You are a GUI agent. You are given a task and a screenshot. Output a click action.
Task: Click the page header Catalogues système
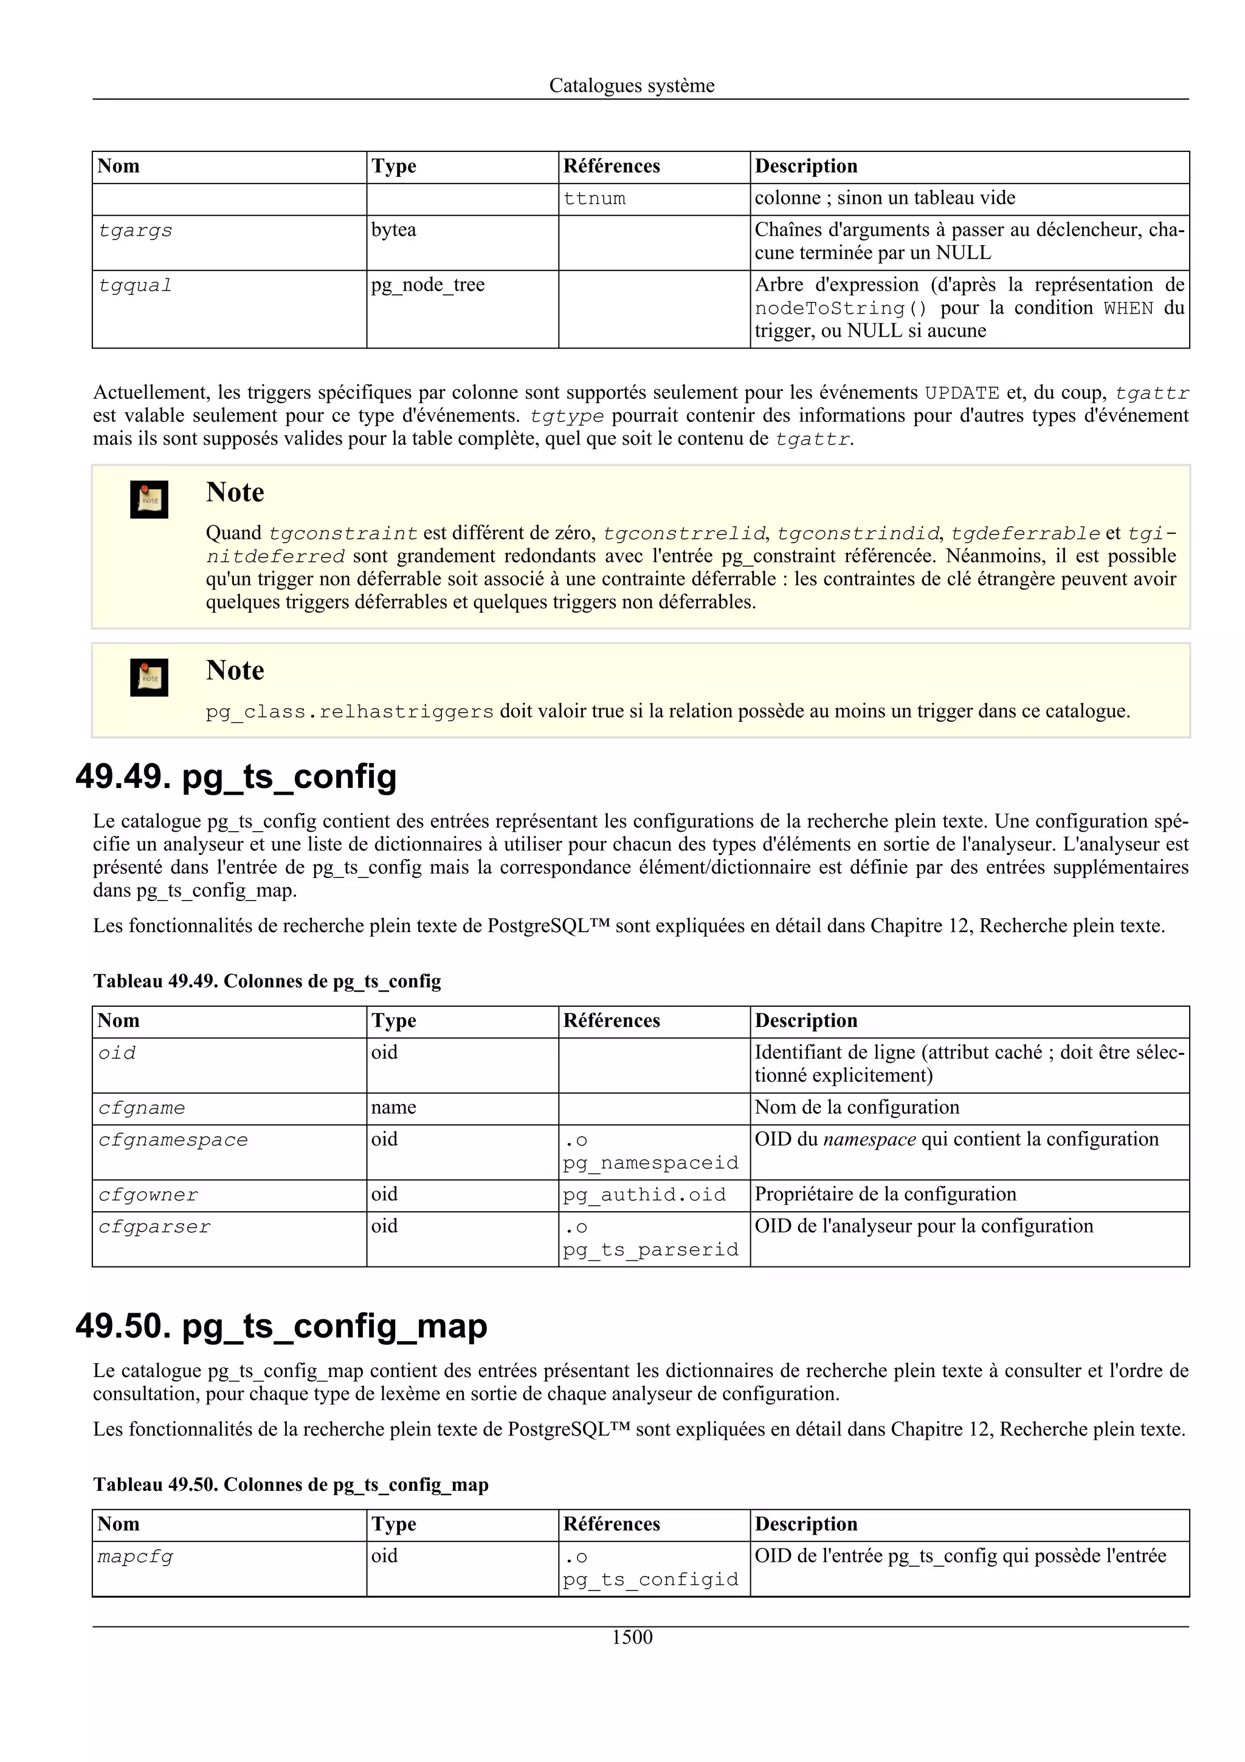(x=632, y=86)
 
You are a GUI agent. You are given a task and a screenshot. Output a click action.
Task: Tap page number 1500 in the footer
(x=632, y=1637)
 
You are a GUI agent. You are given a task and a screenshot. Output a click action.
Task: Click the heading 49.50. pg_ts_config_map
(x=281, y=1325)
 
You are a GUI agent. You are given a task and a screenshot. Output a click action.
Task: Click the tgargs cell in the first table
(x=135, y=231)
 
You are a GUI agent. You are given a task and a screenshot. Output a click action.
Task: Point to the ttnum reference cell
(x=594, y=199)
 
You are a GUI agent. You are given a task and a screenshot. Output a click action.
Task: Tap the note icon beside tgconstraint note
(x=149, y=500)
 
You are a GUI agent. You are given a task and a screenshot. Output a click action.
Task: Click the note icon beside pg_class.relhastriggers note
(x=149, y=678)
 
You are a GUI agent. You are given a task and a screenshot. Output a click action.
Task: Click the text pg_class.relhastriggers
(x=349, y=712)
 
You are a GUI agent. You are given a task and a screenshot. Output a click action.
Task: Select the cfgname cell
(x=141, y=1108)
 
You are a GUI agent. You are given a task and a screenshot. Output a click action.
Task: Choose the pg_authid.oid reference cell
(x=644, y=1195)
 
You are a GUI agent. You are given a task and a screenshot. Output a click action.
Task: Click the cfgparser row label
(x=154, y=1227)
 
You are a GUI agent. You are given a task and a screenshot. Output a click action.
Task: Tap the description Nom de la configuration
(x=856, y=1107)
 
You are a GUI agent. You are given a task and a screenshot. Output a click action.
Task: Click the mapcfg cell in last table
(x=135, y=1557)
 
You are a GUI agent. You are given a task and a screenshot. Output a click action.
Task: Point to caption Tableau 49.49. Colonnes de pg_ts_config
(x=267, y=981)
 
